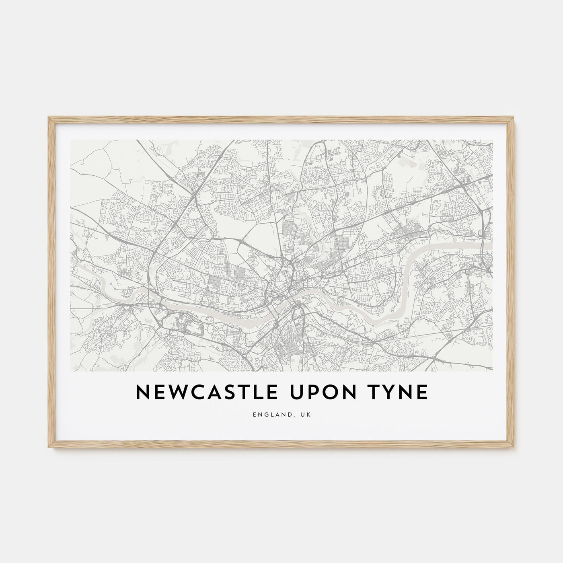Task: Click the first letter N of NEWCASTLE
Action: pyautogui.click(x=143, y=393)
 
